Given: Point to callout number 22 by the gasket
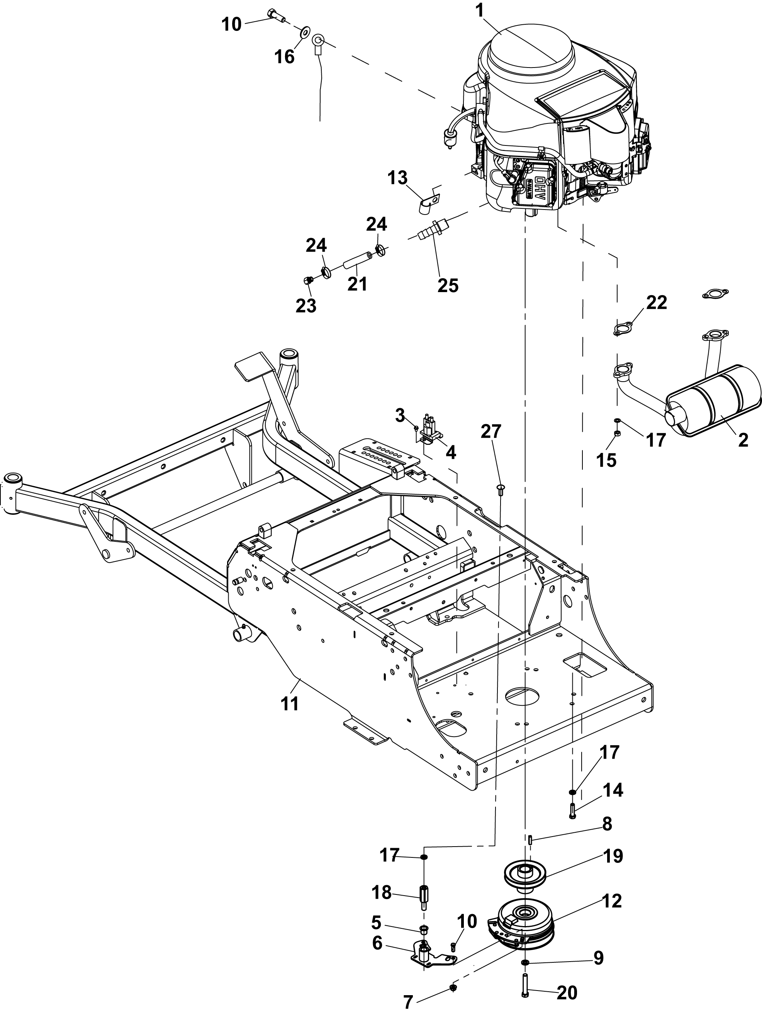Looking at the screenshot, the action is coord(657,303).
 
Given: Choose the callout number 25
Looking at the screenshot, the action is coord(448,285).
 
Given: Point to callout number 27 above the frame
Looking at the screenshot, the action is coord(491,432).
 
